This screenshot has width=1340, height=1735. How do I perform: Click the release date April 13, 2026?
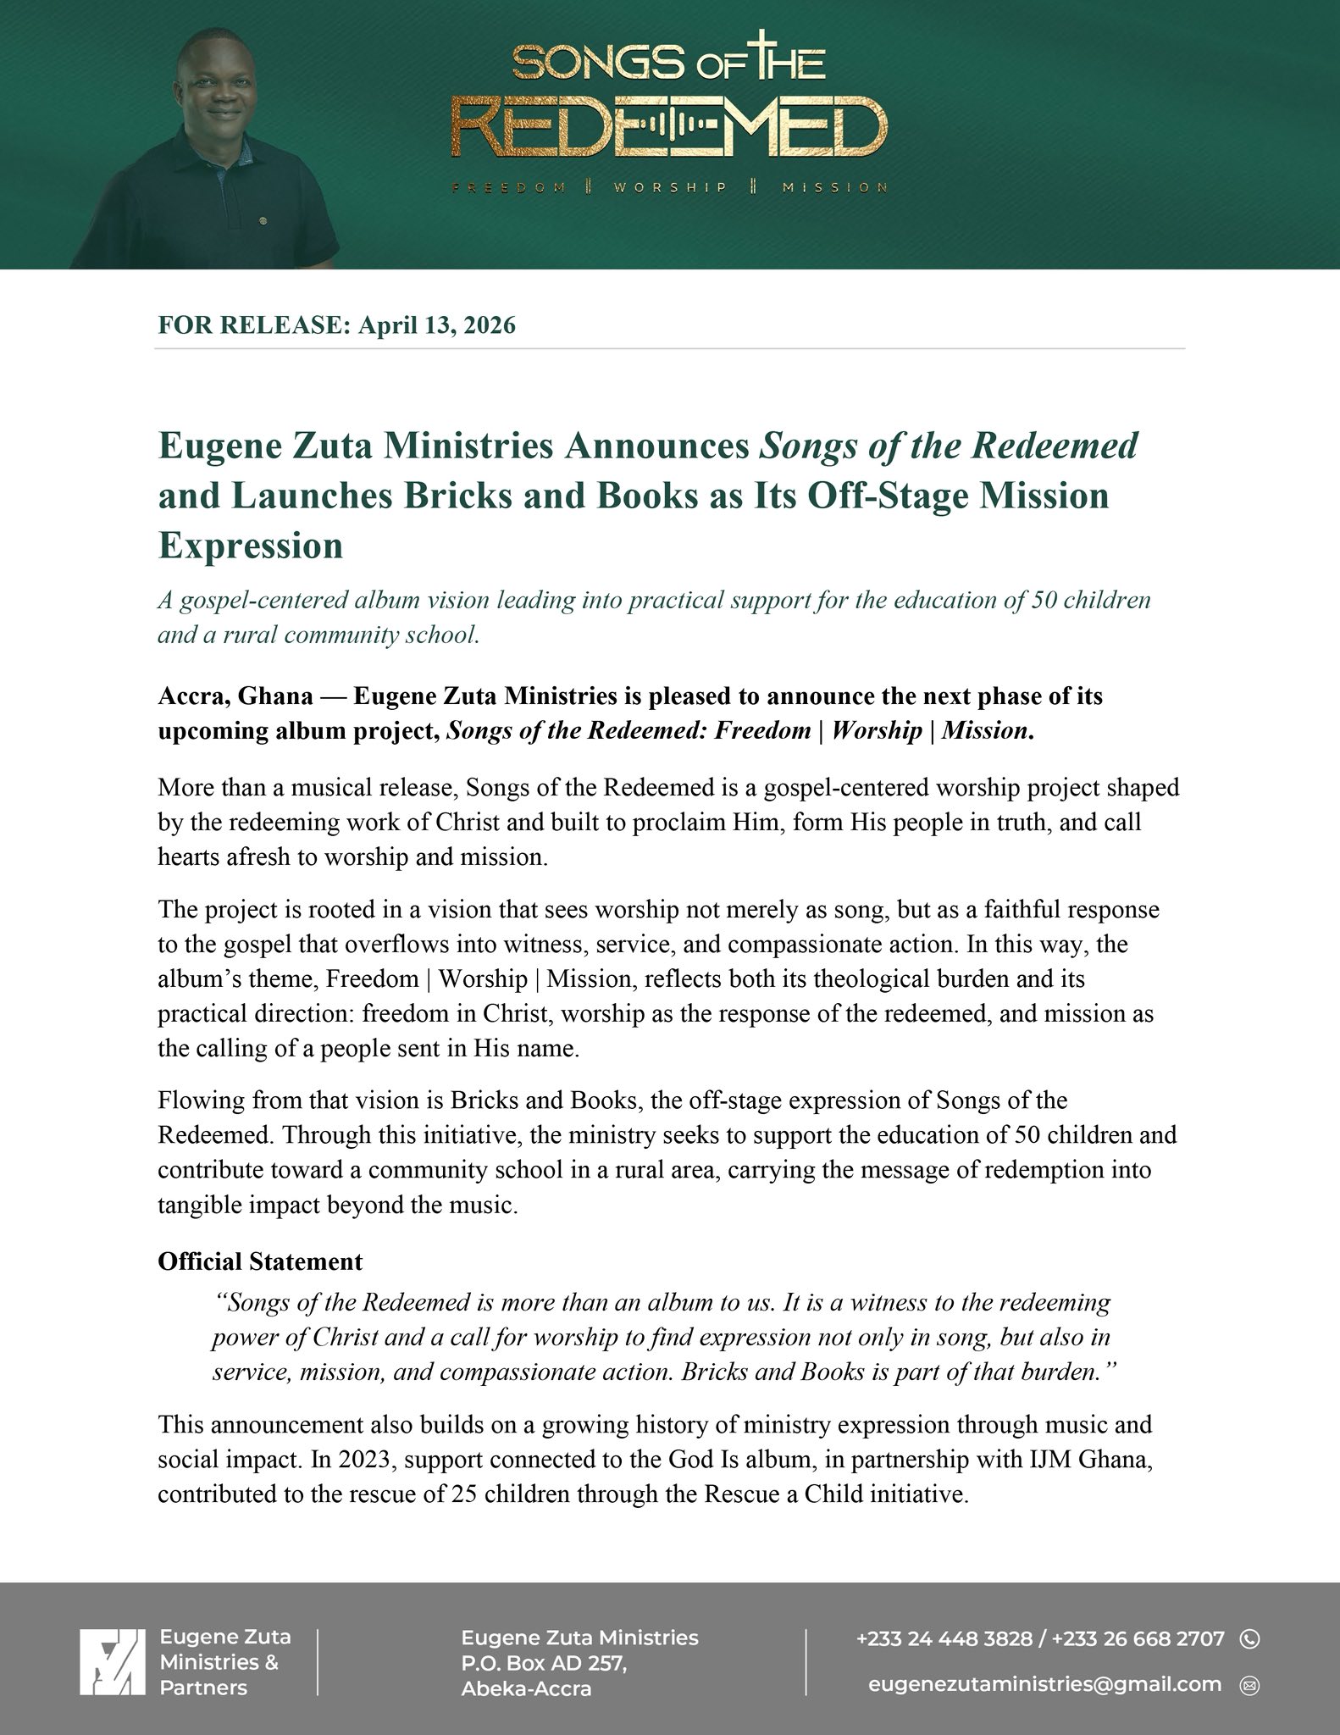click(x=437, y=326)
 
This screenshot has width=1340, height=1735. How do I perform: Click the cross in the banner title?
click(x=769, y=58)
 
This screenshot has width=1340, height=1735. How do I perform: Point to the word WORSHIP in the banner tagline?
click(x=670, y=187)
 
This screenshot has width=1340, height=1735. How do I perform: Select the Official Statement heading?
click(x=260, y=1261)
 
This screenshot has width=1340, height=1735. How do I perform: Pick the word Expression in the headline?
click(x=251, y=546)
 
